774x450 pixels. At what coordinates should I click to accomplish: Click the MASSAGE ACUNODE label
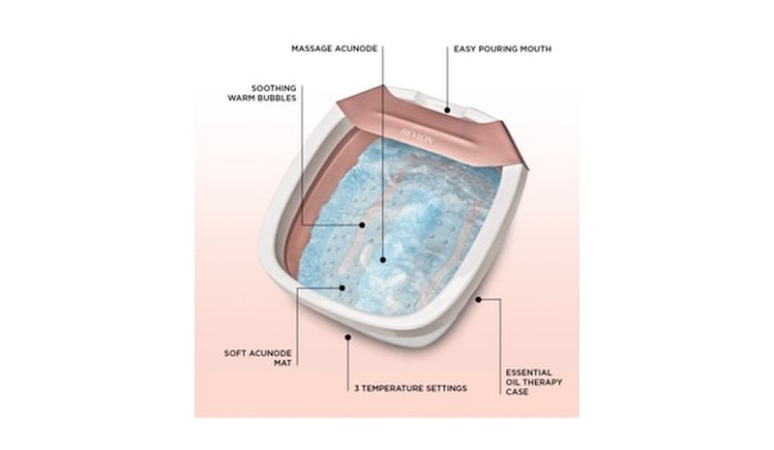click(334, 48)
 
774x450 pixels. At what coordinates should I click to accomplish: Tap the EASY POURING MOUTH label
click(502, 49)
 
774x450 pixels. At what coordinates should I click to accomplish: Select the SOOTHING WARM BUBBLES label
click(261, 93)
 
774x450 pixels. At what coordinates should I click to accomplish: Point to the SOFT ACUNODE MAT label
click(257, 358)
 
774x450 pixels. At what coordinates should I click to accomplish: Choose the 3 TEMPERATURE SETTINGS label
click(410, 388)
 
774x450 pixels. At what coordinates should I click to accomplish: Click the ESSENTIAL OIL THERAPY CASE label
click(534, 382)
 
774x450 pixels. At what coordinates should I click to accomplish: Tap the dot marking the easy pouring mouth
click(447, 110)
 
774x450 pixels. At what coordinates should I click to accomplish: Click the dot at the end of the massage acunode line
click(382, 259)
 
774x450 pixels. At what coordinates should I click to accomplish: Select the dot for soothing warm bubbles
click(362, 225)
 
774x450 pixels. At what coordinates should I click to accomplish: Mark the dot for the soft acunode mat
click(342, 287)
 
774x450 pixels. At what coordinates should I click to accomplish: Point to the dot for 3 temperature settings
click(348, 337)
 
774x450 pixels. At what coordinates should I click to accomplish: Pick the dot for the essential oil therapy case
click(478, 299)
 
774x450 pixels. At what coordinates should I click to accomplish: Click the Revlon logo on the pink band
click(418, 135)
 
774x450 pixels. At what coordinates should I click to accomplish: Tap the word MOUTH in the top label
click(537, 49)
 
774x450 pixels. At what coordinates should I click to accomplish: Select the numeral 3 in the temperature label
click(357, 388)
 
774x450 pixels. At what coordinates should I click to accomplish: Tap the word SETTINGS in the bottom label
click(446, 388)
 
